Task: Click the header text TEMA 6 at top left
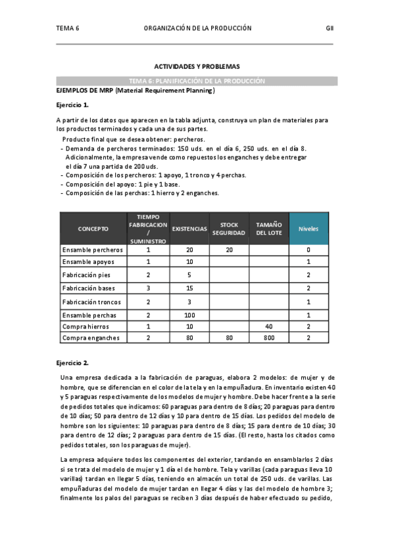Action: point(68,28)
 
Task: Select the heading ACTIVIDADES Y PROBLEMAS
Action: point(197,67)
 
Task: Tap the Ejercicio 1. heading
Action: point(72,105)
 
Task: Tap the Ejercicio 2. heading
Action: point(72,363)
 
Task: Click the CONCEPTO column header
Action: point(93,229)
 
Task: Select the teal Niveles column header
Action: point(308,229)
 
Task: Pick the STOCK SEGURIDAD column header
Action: point(229,229)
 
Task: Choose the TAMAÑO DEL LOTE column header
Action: point(268,229)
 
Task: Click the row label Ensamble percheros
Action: point(92,250)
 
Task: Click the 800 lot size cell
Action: point(268,338)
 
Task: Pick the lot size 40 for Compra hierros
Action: point(268,326)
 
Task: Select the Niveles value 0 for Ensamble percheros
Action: point(308,250)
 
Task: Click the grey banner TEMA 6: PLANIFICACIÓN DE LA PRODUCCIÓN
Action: point(197,81)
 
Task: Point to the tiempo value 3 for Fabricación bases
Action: point(148,288)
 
